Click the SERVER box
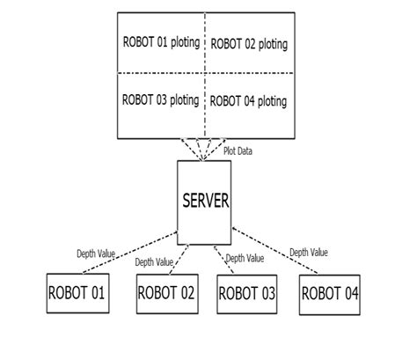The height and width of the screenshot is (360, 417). click(x=205, y=202)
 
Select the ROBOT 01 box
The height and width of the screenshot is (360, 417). click(x=77, y=293)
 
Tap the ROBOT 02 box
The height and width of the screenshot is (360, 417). click(x=165, y=293)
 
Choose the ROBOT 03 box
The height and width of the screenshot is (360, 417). click(x=247, y=293)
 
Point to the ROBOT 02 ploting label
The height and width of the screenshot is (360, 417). click(x=250, y=43)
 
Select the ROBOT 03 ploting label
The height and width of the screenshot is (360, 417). click(x=160, y=99)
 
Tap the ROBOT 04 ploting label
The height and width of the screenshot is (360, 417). click(x=250, y=101)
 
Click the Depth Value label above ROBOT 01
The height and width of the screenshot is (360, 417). click(x=94, y=253)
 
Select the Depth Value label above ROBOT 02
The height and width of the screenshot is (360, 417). click(x=155, y=261)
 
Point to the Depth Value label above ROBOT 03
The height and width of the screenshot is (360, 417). click(x=245, y=258)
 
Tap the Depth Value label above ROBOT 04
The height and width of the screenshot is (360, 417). click(x=309, y=253)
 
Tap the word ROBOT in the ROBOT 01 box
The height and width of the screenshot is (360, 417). click(x=67, y=293)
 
